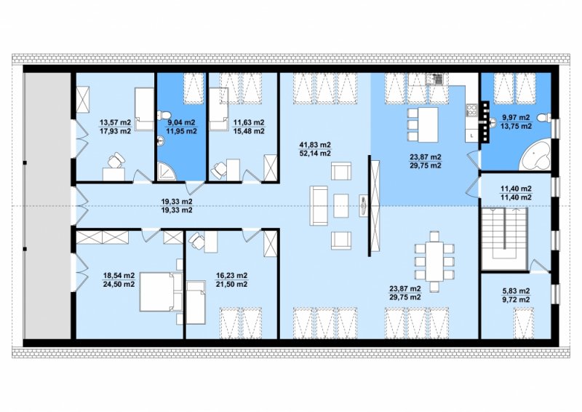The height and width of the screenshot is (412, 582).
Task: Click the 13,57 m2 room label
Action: click(115, 122)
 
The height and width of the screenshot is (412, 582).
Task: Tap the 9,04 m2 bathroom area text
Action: click(181, 122)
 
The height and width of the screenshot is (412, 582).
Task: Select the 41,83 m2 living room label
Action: click(315, 145)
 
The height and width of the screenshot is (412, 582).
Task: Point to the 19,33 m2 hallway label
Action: click(177, 202)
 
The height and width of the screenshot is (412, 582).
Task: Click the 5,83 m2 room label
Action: click(516, 291)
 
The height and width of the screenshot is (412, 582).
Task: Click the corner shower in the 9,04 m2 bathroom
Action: click(165, 172)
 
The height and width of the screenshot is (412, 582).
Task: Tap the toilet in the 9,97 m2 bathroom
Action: click(546, 118)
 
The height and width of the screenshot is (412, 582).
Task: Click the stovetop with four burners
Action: click(471, 109)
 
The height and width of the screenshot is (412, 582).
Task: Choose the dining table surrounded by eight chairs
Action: click(434, 261)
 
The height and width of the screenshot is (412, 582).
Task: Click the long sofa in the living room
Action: click(319, 205)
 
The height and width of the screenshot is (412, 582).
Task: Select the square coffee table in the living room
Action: click(340, 205)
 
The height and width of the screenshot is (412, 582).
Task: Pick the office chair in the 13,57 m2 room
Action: click(116, 160)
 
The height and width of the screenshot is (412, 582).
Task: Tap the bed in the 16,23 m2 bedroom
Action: click(196, 302)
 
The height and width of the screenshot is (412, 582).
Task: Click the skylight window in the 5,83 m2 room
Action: click(525, 322)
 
